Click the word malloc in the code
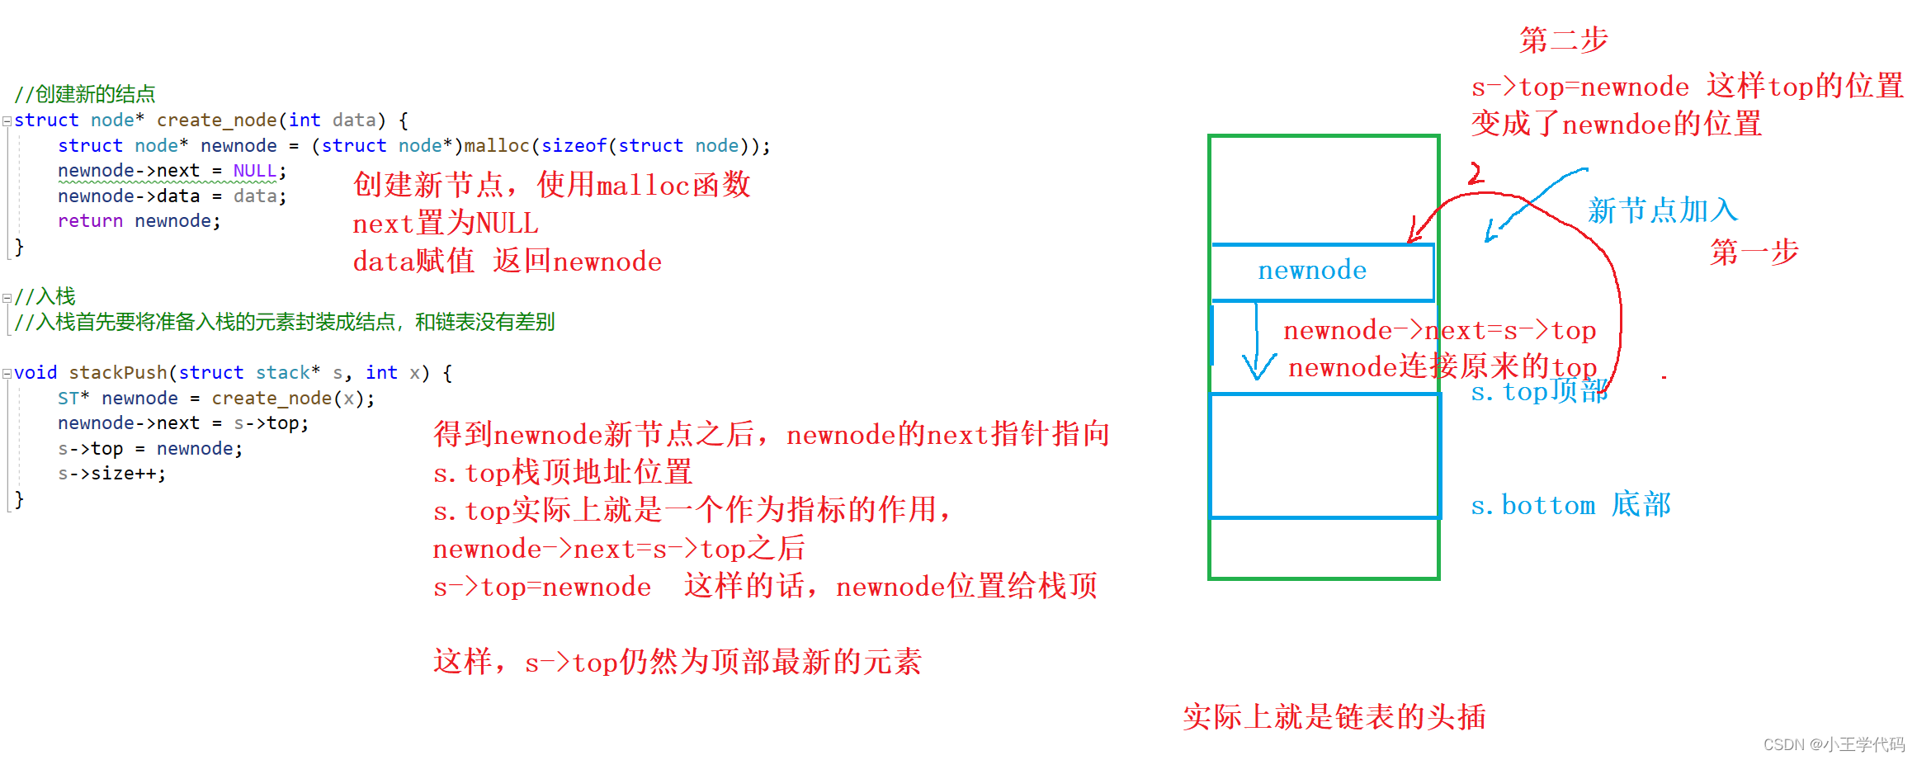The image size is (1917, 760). tap(496, 146)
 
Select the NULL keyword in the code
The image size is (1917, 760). tap(254, 171)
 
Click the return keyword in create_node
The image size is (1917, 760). tap(90, 221)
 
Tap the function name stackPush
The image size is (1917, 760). tap(118, 373)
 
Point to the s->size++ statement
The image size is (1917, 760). tap(111, 474)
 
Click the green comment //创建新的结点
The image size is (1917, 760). tap(85, 94)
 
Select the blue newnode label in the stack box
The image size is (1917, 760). tap(1312, 271)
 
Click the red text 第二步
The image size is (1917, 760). tap(1564, 40)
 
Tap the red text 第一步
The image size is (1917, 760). tap(1754, 252)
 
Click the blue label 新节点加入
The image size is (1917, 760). tap(1663, 210)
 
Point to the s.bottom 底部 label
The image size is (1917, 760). tap(1570, 505)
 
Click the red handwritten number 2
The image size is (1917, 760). tap(1476, 173)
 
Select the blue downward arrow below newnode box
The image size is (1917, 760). tap(1257, 347)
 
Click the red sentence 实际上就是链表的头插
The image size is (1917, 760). tap(1334, 717)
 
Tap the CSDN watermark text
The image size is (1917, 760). tap(1834, 744)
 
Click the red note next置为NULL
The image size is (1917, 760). tap(446, 224)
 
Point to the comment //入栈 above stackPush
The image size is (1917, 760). tap(45, 296)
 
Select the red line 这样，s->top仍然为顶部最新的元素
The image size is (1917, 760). tap(677, 662)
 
